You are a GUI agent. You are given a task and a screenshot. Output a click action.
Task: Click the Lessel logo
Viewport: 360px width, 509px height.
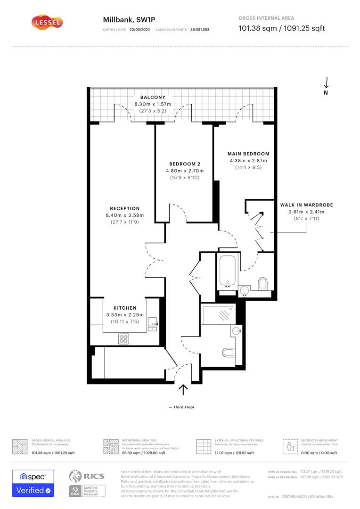[x=47, y=22]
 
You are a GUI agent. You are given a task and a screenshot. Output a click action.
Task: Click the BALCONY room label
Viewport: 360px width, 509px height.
[x=153, y=98]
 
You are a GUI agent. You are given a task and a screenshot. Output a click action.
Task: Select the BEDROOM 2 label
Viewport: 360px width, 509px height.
[x=185, y=164]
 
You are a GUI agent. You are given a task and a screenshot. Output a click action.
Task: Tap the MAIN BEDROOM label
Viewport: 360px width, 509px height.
[x=248, y=154]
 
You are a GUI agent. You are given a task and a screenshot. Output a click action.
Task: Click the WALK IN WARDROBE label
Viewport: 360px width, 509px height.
[x=306, y=205]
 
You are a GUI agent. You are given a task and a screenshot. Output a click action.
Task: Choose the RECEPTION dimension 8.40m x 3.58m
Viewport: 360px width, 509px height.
[x=125, y=215]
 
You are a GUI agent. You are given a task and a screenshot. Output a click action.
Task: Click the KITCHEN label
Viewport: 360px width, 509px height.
[x=125, y=308]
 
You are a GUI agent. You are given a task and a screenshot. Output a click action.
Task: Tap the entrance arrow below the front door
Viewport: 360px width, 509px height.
[x=183, y=389]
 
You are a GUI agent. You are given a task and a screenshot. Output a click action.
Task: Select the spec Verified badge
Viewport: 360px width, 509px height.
[x=33, y=483]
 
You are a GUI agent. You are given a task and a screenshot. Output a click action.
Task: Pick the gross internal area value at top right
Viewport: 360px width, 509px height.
[x=282, y=28]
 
